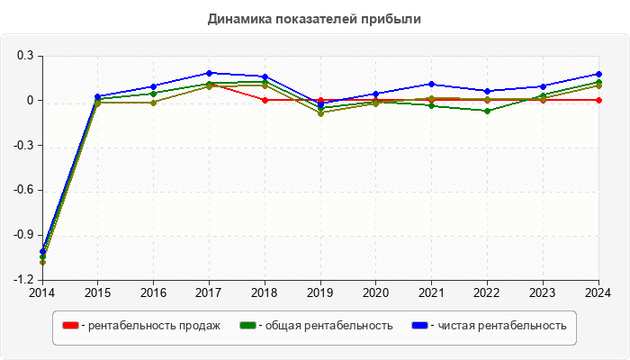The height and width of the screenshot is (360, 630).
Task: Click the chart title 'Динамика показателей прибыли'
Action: (x=314, y=18)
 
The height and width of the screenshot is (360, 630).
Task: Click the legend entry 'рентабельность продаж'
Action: (x=150, y=326)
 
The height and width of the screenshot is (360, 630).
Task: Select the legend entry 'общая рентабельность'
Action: (x=325, y=326)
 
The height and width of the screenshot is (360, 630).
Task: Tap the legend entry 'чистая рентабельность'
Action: (x=501, y=326)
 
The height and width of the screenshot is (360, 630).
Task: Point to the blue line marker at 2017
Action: (x=209, y=73)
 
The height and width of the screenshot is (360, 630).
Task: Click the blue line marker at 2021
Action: (x=432, y=84)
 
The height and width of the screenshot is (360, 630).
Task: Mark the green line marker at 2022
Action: (x=488, y=111)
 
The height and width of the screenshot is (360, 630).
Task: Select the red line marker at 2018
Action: (x=265, y=100)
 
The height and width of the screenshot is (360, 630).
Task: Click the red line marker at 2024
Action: (x=599, y=100)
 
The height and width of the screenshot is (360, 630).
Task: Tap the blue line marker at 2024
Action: (x=599, y=74)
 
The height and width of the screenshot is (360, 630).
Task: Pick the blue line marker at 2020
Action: (x=376, y=94)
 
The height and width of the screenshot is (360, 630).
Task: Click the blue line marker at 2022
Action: (x=488, y=91)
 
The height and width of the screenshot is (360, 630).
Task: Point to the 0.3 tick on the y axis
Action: (x=25, y=56)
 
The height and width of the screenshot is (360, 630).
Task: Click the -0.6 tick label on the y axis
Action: (x=23, y=191)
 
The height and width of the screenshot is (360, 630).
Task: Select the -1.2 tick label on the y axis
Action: (x=23, y=281)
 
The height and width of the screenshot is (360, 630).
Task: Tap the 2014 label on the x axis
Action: (x=41, y=292)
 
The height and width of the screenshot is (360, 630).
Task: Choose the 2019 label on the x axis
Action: (x=320, y=292)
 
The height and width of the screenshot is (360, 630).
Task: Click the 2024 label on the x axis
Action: (x=599, y=292)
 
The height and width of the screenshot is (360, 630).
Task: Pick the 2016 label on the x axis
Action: (x=153, y=292)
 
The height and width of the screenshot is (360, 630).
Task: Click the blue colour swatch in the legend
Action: (x=419, y=326)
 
